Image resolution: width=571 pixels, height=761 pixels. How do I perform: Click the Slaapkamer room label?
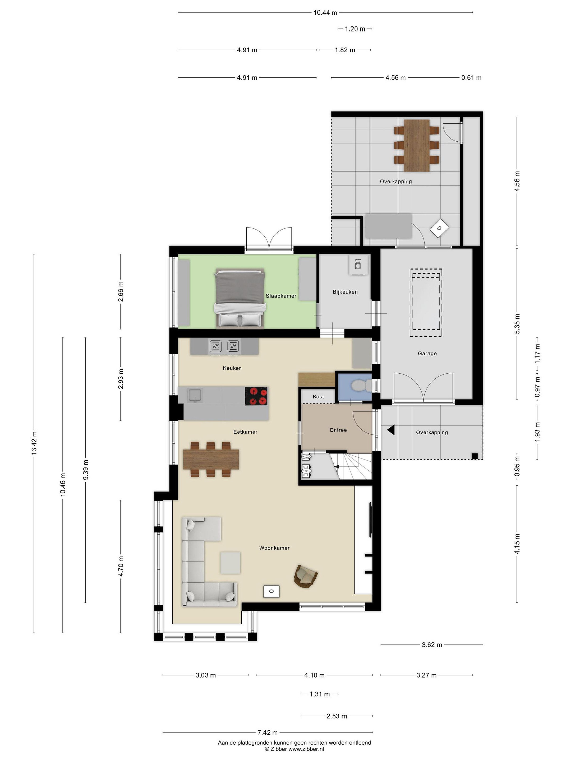281,296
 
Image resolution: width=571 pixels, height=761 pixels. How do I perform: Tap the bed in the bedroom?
240,298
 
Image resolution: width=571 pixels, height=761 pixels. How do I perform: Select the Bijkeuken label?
345,292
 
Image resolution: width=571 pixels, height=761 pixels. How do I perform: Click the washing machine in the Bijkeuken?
358,265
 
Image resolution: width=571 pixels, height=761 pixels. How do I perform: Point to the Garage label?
427,353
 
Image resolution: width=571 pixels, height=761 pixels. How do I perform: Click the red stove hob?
256,396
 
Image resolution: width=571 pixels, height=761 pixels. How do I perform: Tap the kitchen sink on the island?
195,395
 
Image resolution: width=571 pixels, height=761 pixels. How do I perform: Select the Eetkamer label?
245,432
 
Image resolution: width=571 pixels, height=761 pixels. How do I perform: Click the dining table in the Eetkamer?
211,459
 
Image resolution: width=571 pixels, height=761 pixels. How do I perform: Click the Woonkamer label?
274,548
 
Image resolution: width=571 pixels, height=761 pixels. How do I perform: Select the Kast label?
318,397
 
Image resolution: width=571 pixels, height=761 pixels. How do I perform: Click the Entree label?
338,430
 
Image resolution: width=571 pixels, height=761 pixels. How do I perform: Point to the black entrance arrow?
391,430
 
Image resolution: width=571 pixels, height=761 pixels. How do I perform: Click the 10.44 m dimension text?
325,13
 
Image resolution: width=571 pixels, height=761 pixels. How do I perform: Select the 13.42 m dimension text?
34,443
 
